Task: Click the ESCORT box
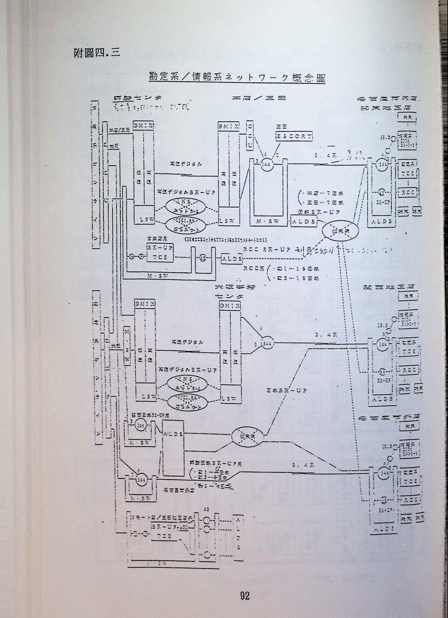[294, 136]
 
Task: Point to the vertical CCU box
[250, 136]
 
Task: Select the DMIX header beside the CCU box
[229, 126]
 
